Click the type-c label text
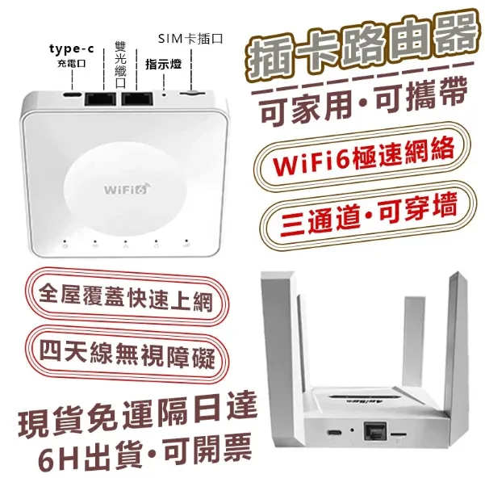[72, 49]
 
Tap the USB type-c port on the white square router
[73, 94]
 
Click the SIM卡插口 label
[190, 39]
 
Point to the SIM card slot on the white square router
[192, 92]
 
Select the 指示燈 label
[163, 64]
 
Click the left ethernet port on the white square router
[100, 99]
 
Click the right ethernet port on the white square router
[136, 98]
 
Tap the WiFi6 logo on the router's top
[128, 188]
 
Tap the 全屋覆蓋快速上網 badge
[127, 297]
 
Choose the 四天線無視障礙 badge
[128, 354]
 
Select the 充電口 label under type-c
[72, 64]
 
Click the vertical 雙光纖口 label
[120, 64]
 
